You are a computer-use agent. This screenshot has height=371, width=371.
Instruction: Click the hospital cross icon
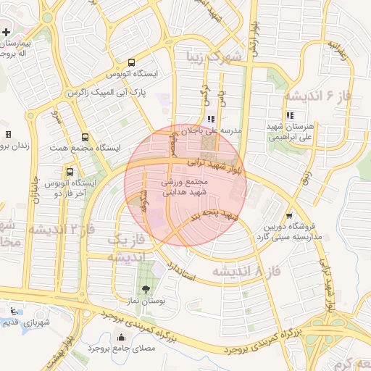(7, 33)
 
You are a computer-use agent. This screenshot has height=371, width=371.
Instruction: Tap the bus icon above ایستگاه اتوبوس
(131, 62)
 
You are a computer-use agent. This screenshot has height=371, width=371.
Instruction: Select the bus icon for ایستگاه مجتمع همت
(86, 137)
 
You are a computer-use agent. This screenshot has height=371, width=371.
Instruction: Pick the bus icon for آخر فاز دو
(70, 172)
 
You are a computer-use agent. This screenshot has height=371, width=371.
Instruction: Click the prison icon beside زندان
(8, 134)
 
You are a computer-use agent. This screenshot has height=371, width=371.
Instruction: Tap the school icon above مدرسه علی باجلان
(211, 119)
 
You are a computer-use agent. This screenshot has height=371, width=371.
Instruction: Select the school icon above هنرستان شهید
(290, 114)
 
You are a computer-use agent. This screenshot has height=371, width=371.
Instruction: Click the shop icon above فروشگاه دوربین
(290, 215)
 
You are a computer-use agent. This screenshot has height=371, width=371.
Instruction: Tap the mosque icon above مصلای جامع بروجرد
(120, 337)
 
